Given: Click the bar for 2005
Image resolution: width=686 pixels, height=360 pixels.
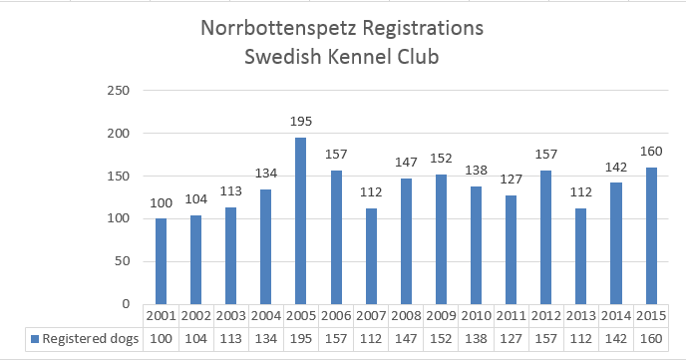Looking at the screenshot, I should pyautogui.click(x=300, y=221).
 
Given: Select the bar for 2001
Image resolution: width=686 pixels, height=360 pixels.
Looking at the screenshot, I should pyautogui.click(x=162, y=261).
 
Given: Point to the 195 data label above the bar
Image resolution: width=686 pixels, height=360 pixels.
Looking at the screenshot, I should pyautogui.click(x=300, y=122).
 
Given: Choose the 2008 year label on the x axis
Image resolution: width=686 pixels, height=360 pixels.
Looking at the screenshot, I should pyautogui.click(x=405, y=315).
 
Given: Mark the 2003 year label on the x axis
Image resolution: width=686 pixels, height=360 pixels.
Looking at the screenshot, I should pyautogui.click(x=231, y=315).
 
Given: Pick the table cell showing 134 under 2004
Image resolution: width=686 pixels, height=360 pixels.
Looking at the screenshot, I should pyautogui.click(x=265, y=338).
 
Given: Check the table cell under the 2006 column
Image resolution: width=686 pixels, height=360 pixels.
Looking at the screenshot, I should pyautogui.click(x=335, y=338).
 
